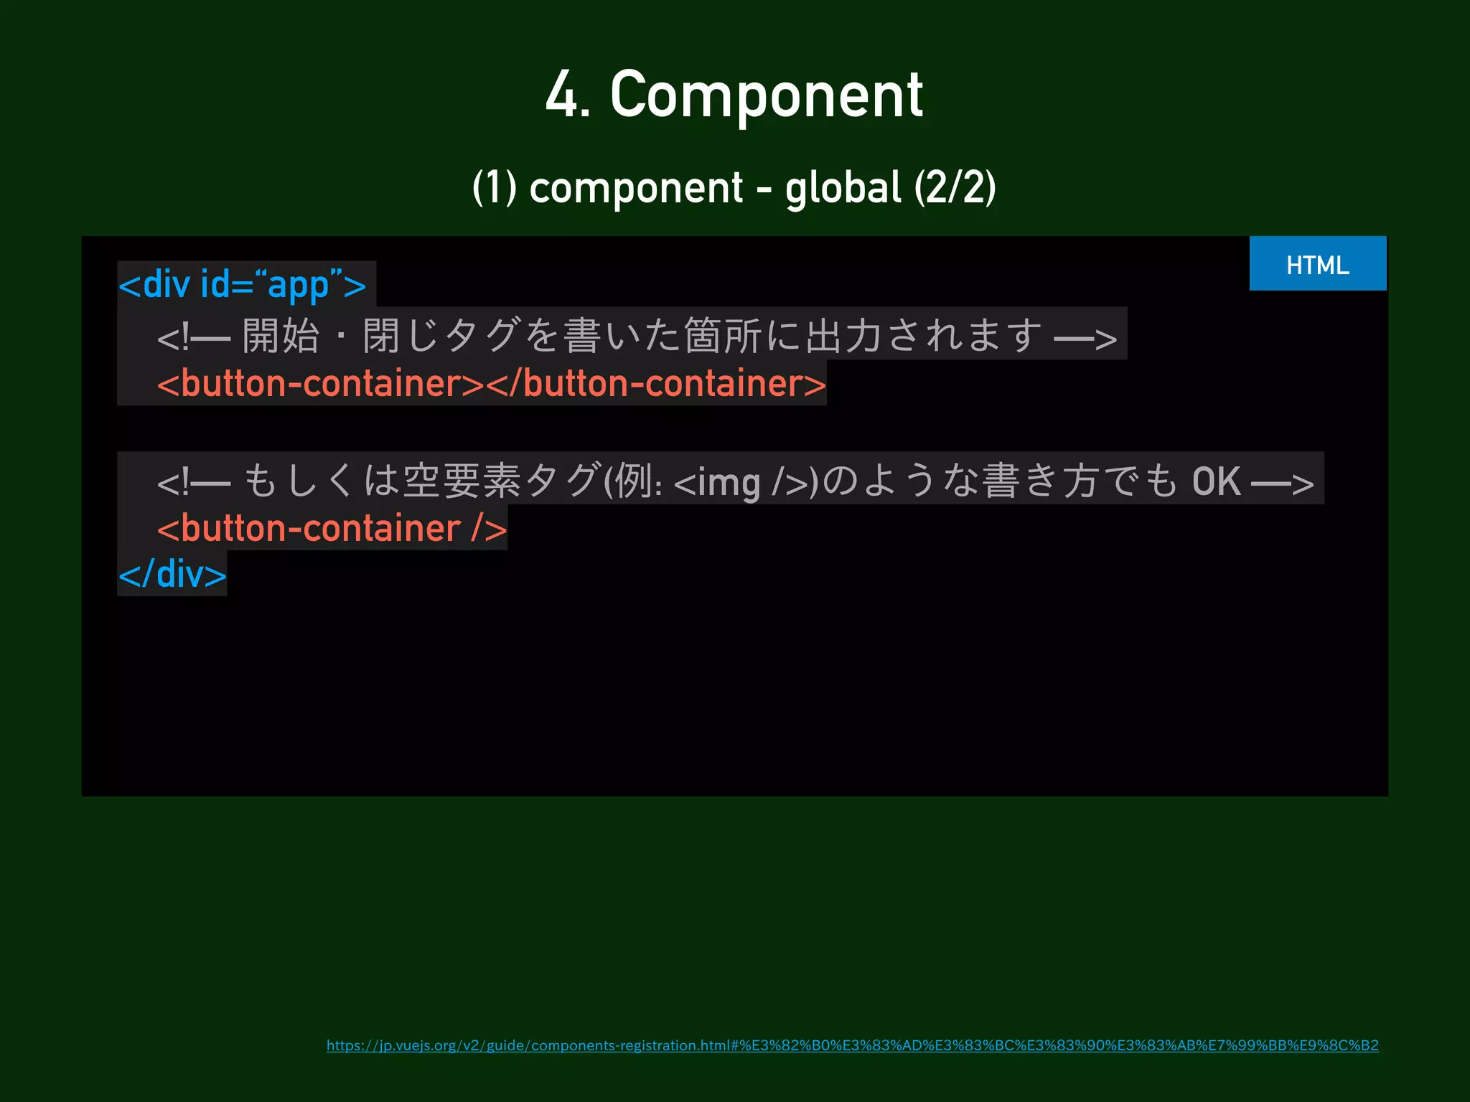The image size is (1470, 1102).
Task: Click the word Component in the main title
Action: click(766, 95)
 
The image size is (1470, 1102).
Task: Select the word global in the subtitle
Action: click(843, 188)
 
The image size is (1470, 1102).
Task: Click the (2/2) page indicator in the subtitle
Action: click(955, 188)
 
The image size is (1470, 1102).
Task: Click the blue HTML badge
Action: click(1317, 264)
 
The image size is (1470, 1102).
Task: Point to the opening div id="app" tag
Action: click(243, 285)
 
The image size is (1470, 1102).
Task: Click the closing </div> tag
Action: click(172, 574)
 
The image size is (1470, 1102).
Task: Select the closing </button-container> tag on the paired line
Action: click(656, 384)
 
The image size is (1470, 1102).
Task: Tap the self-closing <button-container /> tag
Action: click(332, 529)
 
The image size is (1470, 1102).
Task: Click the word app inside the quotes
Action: click(298, 286)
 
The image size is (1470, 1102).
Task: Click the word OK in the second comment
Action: click(1216, 481)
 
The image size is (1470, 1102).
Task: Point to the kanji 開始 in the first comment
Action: click(280, 336)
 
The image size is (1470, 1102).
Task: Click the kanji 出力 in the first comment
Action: click(843, 336)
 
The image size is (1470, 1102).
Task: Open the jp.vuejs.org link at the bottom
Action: click(852, 1045)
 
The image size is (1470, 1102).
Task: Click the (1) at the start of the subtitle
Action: click(495, 188)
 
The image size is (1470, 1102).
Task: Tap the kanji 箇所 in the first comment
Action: click(722, 336)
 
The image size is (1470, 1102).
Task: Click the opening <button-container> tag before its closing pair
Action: click(321, 384)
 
